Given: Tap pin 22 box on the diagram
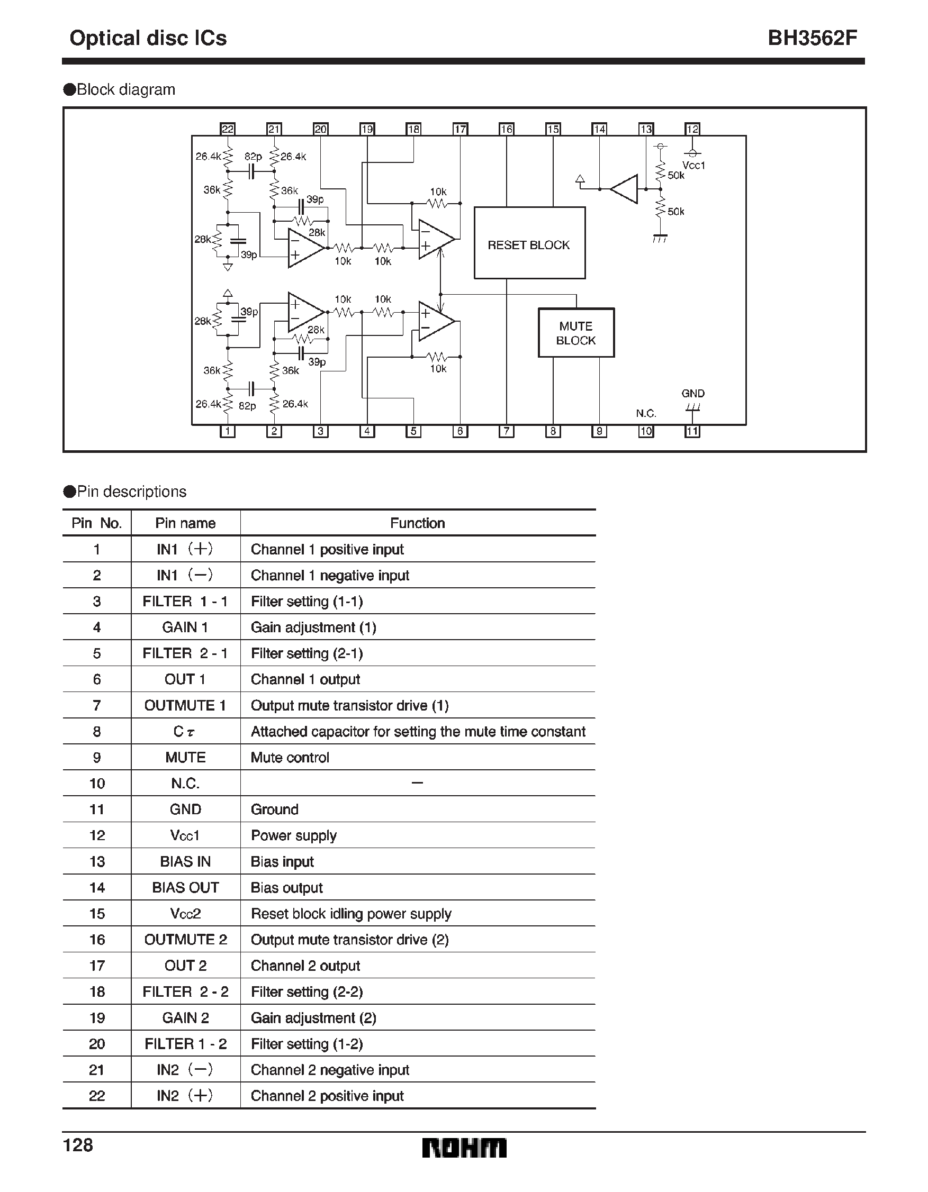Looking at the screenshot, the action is pyautogui.click(x=227, y=129).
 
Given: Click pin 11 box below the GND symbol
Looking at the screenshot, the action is pyautogui.click(x=692, y=431).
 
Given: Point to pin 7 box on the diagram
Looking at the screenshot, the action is pyautogui.click(x=506, y=431).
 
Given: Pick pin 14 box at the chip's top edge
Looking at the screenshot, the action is pyautogui.click(x=599, y=129).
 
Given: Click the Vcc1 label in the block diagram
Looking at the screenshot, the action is pyautogui.click(x=693, y=166).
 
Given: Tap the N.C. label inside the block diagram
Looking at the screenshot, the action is pyautogui.click(x=646, y=413).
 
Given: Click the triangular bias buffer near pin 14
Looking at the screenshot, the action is pyautogui.click(x=625, y=189).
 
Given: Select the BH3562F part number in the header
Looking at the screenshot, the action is pyautogui.click(x=812, y=38).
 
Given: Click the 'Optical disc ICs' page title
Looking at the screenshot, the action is pyautogui.click(x=148, y=38).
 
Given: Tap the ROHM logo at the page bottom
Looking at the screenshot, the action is pyautogui.click(x=464, y=1148).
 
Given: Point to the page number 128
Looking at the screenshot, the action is pyautogui.click(x=78, y=1144).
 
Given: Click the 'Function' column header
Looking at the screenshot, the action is pyautogui.click(x=417, y=523).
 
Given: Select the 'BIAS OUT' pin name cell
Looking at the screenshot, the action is pyautogui.click(x=185, y=887).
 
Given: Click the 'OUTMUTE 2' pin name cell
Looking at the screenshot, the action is pyautogui.click(x=185, y=939).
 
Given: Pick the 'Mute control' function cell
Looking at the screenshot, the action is pyautogui.click(x=290, y=758).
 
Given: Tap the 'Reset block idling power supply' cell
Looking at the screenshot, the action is pyautogui.click(x=351, y=914).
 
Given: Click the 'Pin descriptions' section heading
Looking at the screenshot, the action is pyautogui.click(x=131, y=491).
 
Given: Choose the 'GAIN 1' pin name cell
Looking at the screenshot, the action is pyautogui.click(x=185, y=627).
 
